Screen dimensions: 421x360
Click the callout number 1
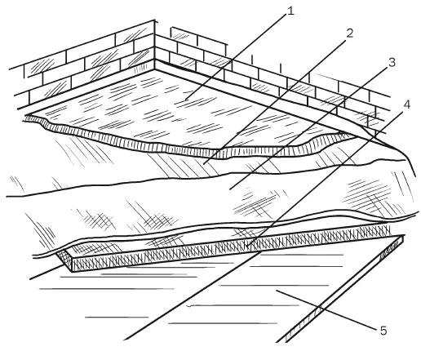(290, 11)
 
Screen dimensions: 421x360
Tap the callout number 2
(349, 33)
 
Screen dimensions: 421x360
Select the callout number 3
(392, 63)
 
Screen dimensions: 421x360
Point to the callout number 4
(406, 104)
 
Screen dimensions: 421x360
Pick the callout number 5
(383, 331)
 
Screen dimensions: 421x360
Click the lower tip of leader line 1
(186, 100)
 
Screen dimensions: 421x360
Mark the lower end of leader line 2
(203, 164)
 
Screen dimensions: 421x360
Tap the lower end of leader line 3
(230, 189)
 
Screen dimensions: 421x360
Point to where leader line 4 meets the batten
(246, 247)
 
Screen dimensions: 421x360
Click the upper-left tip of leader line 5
(277, 291)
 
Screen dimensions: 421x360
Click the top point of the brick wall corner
(154, 20)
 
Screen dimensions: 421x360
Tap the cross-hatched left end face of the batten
(64, 260)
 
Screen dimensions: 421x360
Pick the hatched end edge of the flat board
(345, 289)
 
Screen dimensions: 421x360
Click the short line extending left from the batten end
(47, 272)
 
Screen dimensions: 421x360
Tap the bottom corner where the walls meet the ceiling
(154, 69)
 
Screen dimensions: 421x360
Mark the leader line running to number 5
(328, 310)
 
